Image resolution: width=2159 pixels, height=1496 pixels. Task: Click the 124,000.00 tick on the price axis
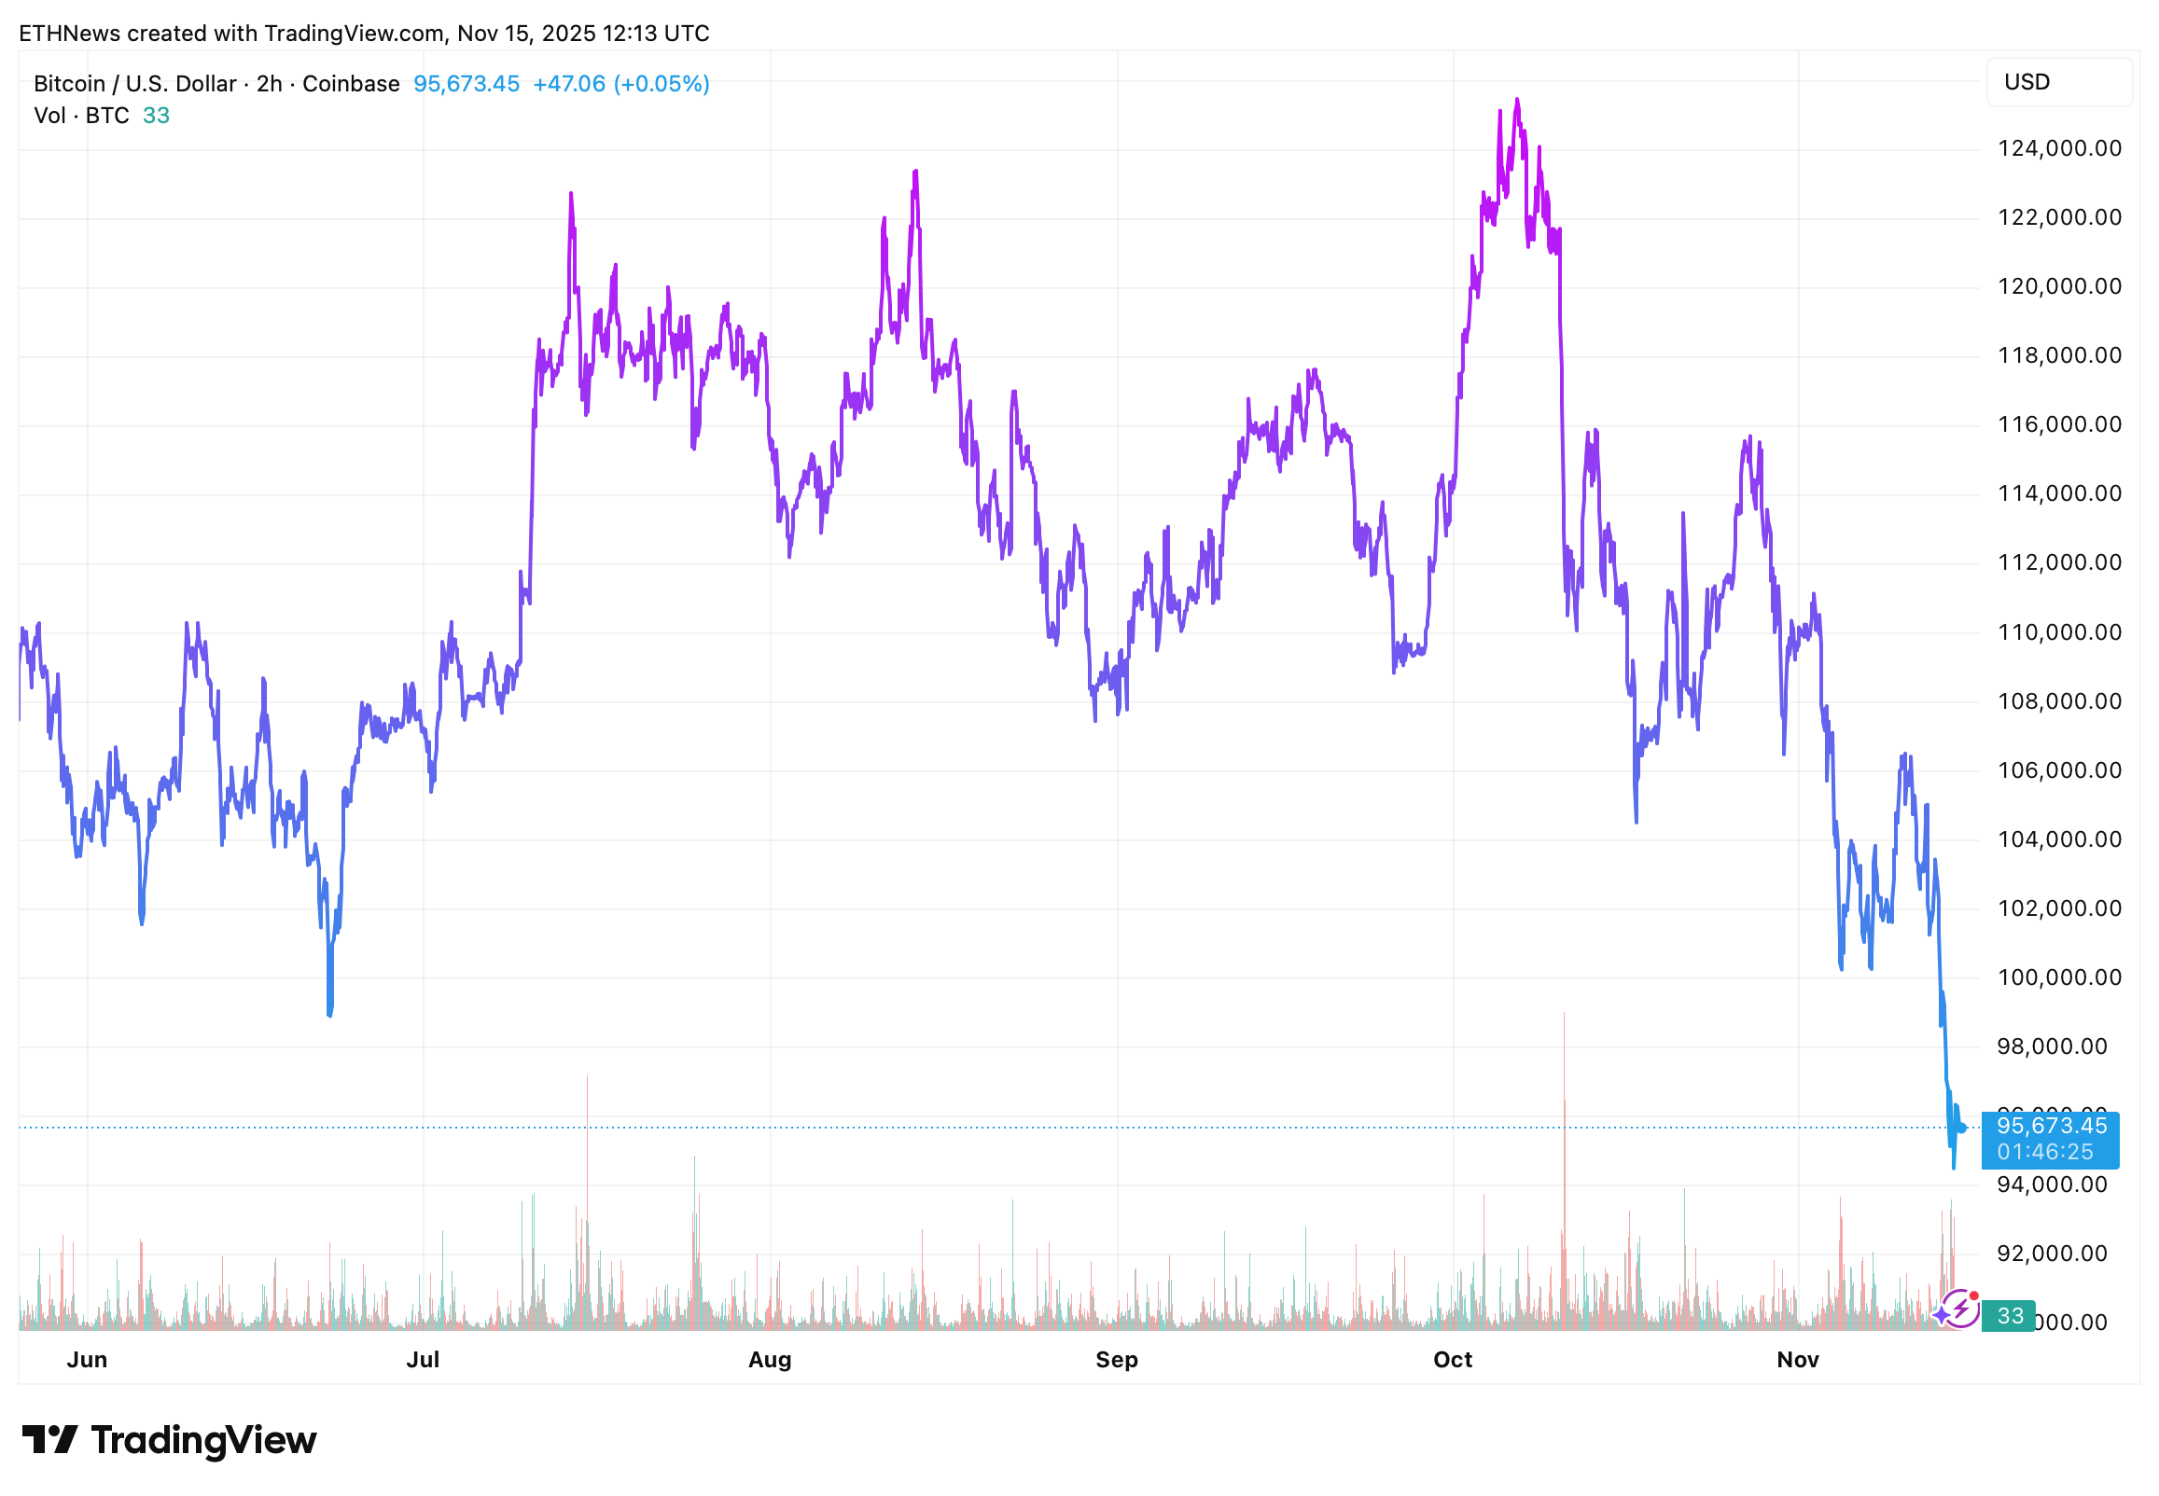click(x=2057, y=148)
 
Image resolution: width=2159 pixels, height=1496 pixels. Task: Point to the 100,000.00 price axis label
click(x=2057, y=977)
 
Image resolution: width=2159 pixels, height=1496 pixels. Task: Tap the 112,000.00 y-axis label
click(x=2057, y=562)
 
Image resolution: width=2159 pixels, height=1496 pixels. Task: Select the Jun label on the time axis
click(x=87, y=1359)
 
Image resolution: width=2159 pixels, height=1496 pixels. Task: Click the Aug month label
click(x=770, y=1359)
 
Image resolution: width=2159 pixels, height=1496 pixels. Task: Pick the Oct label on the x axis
click(x=1452, y=1359)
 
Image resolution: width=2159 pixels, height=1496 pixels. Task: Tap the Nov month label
click(x=1797, y=1359)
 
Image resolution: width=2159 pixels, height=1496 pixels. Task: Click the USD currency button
click(x=2057, y=82)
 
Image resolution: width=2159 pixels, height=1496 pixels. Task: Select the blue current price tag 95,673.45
click(x=2049, y=1139)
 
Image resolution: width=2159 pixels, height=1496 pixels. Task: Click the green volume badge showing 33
click(x=2008, y=1316)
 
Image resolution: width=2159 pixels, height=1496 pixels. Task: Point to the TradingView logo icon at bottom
click(x=49, y=1440)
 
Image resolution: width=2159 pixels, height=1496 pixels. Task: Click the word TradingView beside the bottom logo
click(x=203, y=1440)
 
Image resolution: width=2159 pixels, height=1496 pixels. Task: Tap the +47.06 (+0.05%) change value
click(x=620, y=84)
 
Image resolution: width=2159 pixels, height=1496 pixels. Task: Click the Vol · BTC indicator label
click(x=81, y=116)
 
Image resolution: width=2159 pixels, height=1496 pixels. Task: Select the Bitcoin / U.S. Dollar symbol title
click(x=135, y=84)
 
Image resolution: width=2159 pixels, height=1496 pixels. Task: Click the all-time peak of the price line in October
click(x=1517, y=100)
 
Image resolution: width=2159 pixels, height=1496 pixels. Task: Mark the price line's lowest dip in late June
click(x=330, y=1014)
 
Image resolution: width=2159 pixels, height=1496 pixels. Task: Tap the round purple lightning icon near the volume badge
click(x=1959, y=1309)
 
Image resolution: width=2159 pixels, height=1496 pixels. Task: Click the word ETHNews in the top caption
click(x=69, y=34)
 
